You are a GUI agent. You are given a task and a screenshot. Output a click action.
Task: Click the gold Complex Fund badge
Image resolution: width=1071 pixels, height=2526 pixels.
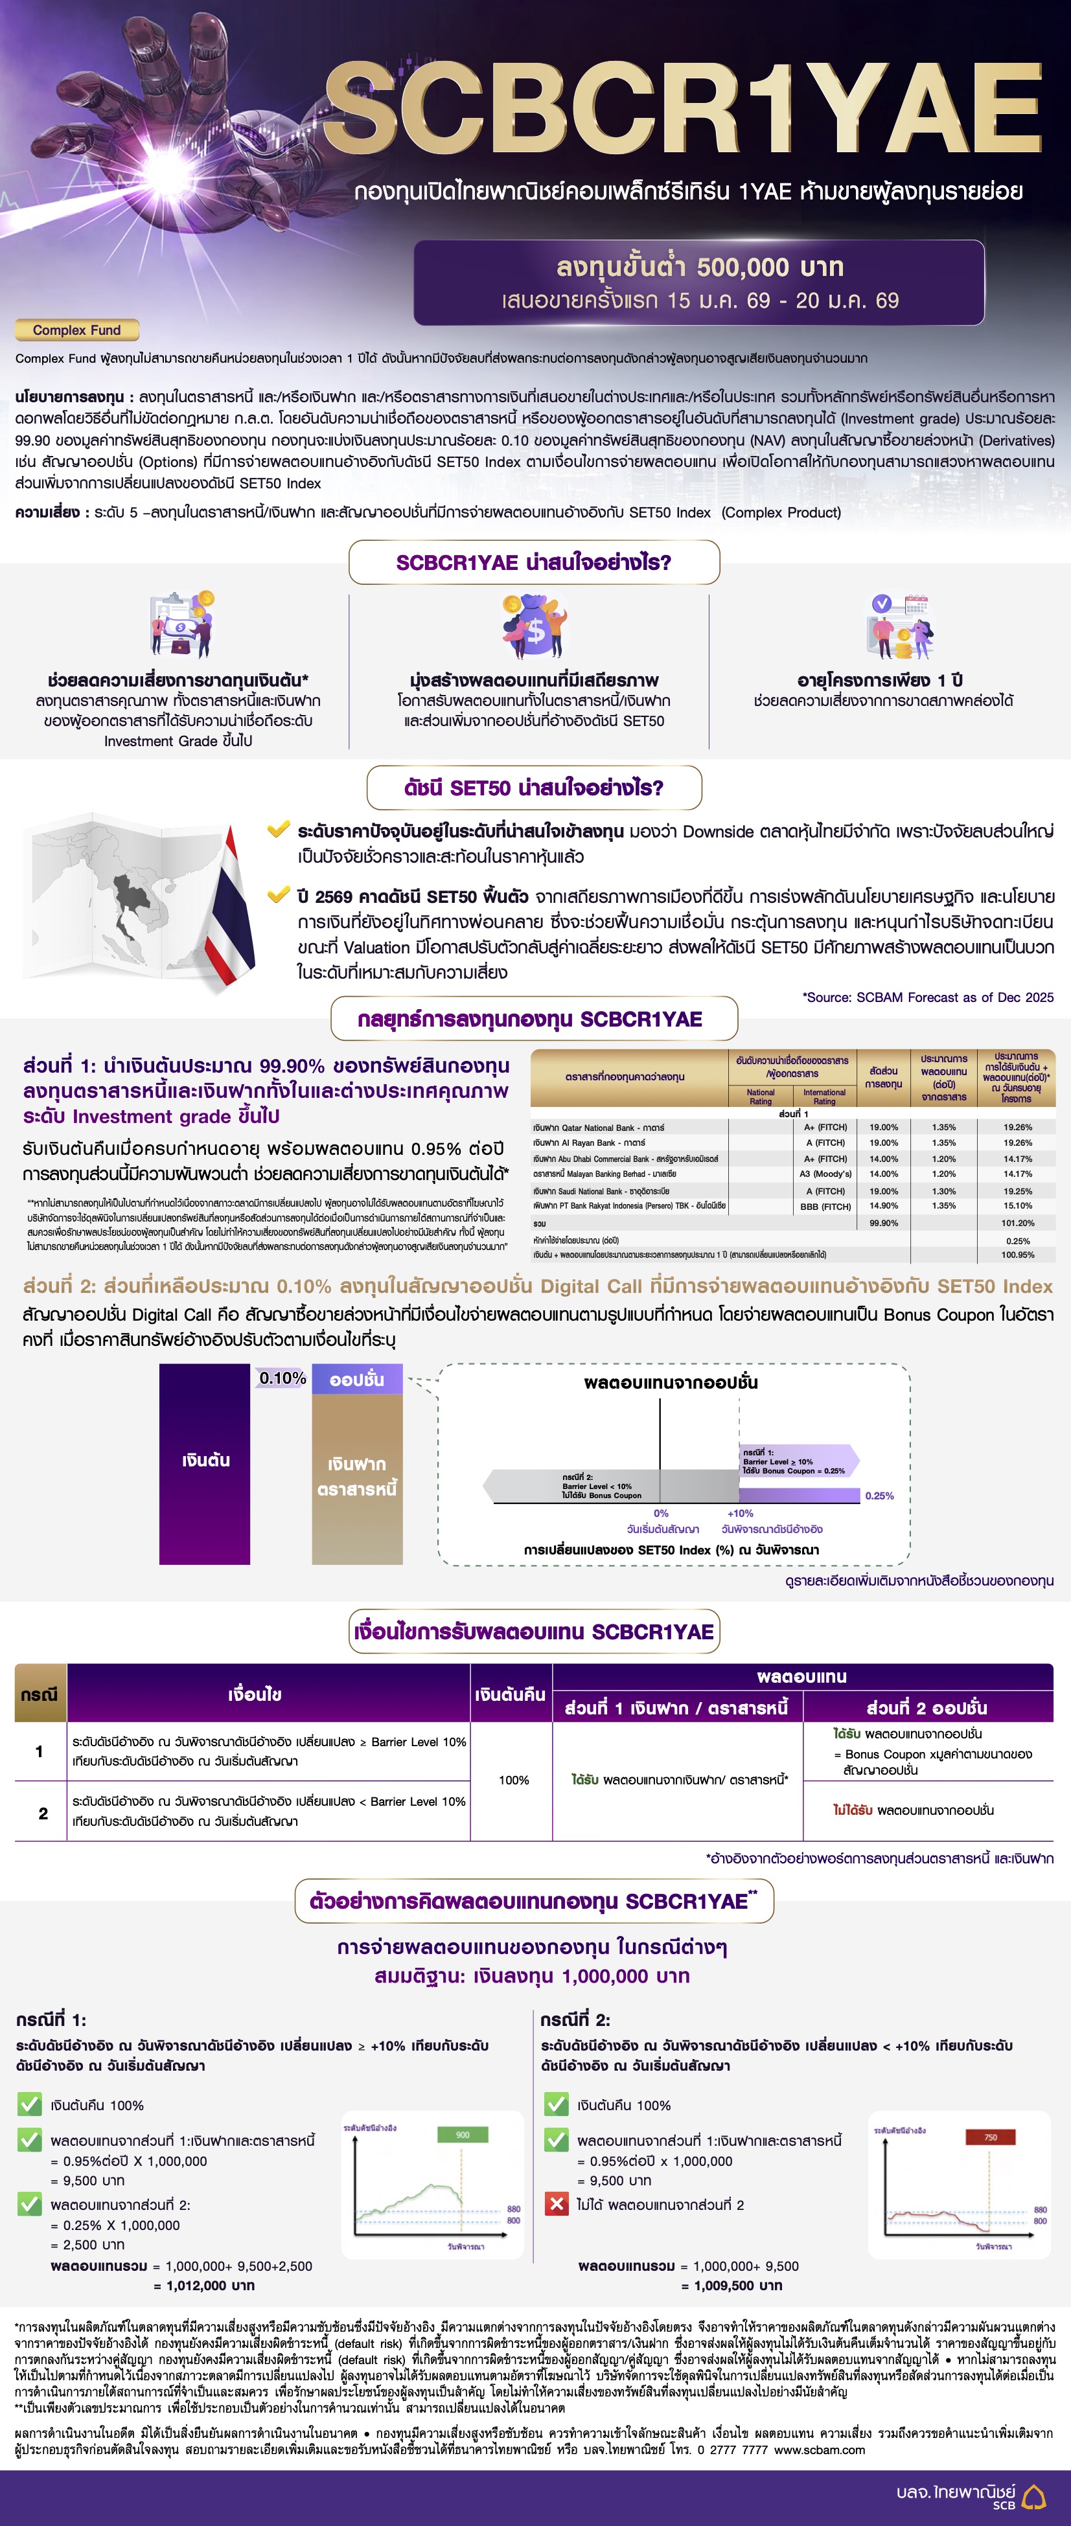[76, 330]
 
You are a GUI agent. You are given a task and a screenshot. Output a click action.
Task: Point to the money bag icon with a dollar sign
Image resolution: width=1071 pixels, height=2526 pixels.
[535, 626]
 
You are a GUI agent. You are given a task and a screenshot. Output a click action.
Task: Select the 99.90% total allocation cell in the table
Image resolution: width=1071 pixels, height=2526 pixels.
[882, 1223]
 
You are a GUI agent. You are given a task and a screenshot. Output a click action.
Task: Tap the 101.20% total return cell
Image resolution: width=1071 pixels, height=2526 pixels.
[1017, 1223]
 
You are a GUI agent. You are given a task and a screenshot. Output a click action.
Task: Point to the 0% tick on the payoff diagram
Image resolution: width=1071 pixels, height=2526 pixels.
[661, 1513]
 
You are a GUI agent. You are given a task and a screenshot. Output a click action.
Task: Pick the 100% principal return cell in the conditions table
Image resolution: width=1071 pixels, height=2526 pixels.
[513, 1780]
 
